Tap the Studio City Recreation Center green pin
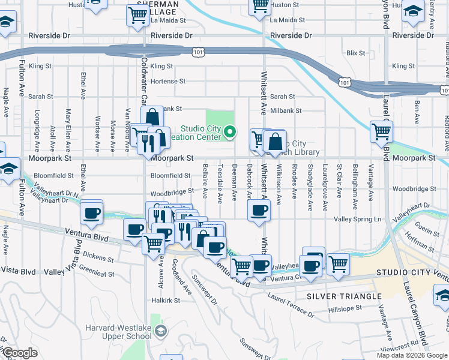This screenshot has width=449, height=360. [x=231, y=132]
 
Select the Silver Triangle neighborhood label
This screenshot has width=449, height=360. [x=344, y=296]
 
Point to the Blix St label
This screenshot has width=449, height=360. [x=356, y=53]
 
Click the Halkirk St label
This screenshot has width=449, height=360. [x=166, y=300]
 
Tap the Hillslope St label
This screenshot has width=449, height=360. [x=346, y=308]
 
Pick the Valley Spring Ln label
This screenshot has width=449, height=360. [x=362, y=220]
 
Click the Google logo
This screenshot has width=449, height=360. [x=19, y=353]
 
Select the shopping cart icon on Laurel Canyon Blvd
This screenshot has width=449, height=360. [x=381, y=131]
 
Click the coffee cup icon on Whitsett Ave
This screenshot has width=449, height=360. [x=259, y=211]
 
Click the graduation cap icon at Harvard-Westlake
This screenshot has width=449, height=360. [x=160, y=331]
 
